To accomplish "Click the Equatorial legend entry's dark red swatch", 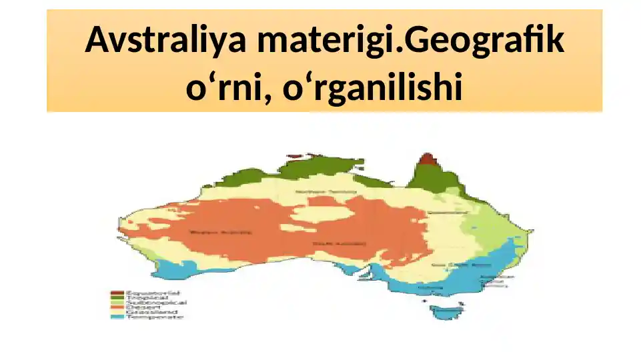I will (117, 292).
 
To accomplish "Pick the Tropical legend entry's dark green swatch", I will (117, 297).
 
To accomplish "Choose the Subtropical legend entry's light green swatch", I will (117, 302).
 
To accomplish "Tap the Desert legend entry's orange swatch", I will (117, 307).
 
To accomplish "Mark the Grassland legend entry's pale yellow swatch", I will (117, 311).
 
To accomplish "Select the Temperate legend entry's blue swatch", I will (117, 316).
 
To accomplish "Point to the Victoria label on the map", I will (434, 288).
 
